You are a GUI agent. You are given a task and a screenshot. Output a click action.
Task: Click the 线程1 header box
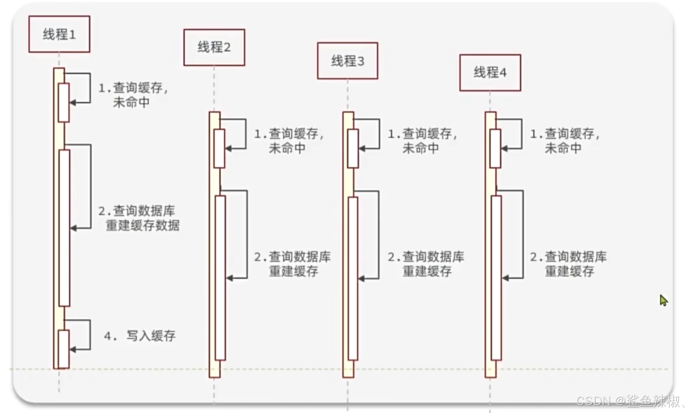click(x=59, y=34)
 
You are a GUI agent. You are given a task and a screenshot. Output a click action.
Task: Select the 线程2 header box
click(x=214, y=47)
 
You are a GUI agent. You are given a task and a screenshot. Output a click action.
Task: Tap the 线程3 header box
click(x=347, y=61)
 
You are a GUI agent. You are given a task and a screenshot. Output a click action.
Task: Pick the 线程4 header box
click(x=490, y=73)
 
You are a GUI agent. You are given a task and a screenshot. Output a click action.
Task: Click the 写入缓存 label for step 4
click(x=140, y=336)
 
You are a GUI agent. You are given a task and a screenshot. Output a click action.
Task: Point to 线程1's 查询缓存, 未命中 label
click(x=133, y=95)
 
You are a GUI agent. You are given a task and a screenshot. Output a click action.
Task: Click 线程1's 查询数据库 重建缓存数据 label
click(x=139, y=218)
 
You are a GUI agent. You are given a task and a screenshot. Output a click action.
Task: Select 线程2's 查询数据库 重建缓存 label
click(x=293, y=264)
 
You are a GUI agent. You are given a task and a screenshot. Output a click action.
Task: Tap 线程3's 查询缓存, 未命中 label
click(x=422, y=141)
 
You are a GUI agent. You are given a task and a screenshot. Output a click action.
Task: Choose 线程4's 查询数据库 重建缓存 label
click(x=568, y=264)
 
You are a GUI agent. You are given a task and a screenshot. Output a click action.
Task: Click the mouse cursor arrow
click(x=663, y=300)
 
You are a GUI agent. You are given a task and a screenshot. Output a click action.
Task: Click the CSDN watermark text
click(x=629, y=401)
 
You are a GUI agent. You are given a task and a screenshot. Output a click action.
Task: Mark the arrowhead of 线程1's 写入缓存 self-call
click(x=73, y=350)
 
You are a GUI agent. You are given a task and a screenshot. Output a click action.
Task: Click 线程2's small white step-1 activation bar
click(x=219, y=148)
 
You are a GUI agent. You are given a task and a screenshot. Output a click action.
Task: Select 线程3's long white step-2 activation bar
click(x=353, y=278)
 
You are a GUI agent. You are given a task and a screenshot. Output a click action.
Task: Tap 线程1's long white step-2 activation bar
click(x=64, y=228)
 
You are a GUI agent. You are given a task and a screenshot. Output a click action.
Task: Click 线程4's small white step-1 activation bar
click(x=495, y=148)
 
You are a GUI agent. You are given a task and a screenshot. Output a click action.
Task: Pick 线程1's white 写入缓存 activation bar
click(x=64, y=349)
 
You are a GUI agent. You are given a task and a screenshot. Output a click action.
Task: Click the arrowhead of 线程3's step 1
click(x=362, y=149)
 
